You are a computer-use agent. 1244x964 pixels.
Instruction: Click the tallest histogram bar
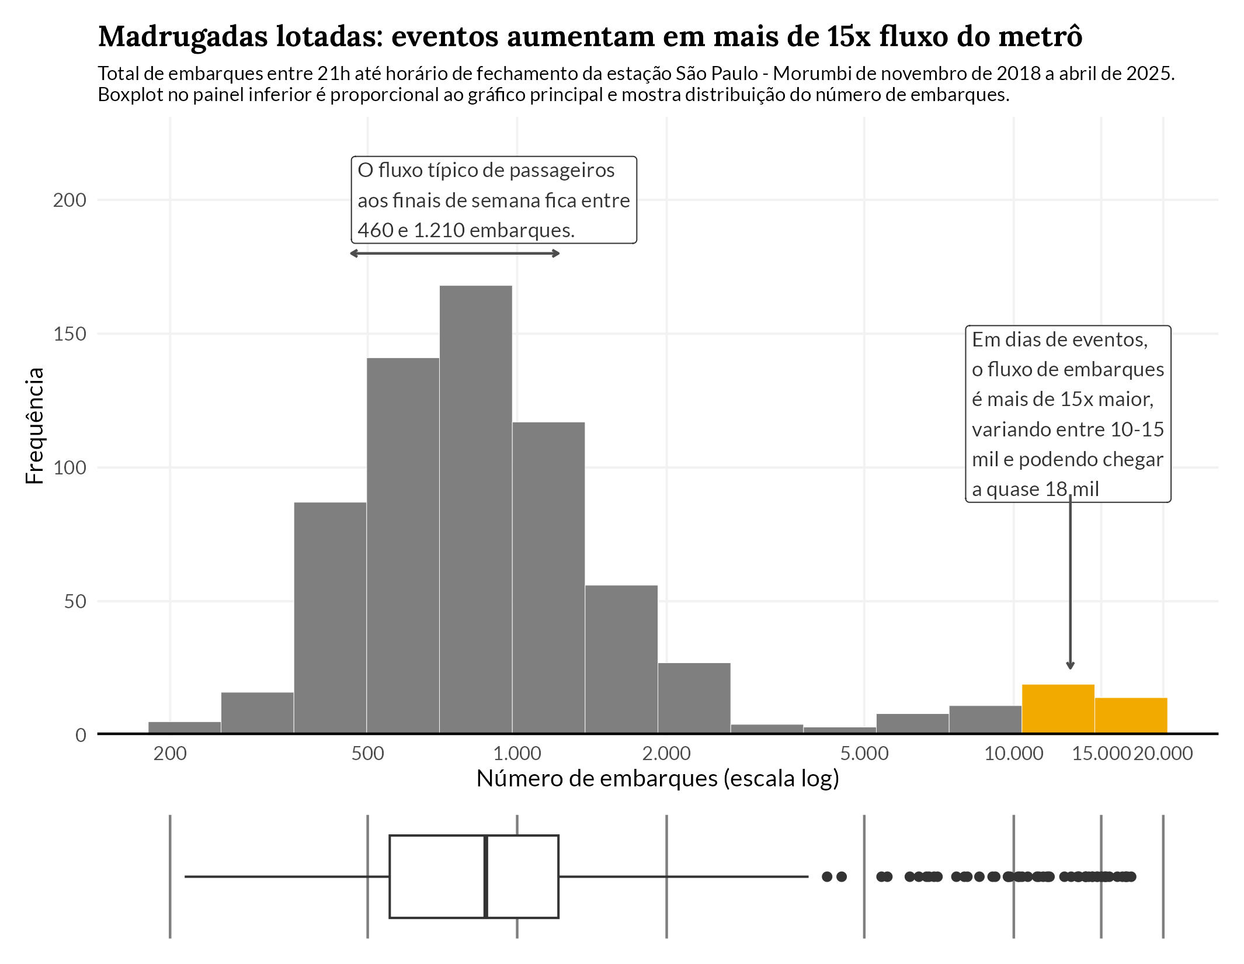(x=475, y=508)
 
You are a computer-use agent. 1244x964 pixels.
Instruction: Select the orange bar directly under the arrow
(x=1058, y=708)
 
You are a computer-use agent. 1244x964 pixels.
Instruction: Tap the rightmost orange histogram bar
(x=1131, y=715)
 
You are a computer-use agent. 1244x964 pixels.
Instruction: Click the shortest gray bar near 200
(x=185, y=727)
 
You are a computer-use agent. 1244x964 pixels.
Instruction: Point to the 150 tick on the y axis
(x=70, y=334)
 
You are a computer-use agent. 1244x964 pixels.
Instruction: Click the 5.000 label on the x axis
(x=864, y=754)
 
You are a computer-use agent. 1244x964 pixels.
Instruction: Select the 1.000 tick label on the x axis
(x=517, y=754)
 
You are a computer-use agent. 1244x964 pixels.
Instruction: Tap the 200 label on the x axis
(x=170, y=754)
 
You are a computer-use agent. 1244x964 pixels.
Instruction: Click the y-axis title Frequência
(x=35, y=425)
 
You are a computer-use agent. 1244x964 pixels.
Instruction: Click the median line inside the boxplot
(x=485, y=876)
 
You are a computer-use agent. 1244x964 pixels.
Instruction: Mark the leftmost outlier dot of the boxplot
(x=827, y=876)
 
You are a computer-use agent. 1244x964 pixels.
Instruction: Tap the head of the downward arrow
(x=1070, y=665)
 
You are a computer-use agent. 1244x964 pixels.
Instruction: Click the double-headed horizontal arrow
(x=454, y=254)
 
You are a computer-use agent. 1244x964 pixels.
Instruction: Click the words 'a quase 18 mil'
(x=1035, y=489)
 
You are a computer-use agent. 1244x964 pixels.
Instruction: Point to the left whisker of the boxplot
(x=286, y=876)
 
